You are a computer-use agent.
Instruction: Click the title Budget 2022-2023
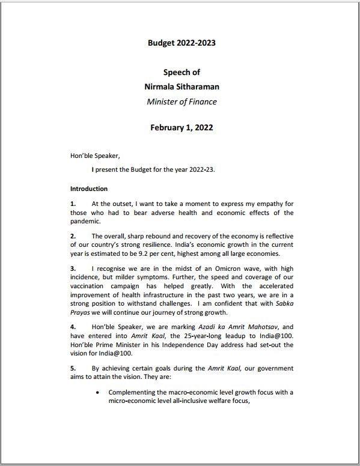[181, 43]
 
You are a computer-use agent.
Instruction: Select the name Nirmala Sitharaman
[181, 86]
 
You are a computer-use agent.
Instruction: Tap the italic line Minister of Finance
[182, 101]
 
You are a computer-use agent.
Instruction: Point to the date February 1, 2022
[182, 127]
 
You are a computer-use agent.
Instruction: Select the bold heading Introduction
[89, 189]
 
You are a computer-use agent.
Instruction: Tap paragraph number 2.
[73, 235]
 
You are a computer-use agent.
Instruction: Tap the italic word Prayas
[82, 313]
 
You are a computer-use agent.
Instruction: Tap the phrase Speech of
[182, 73]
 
